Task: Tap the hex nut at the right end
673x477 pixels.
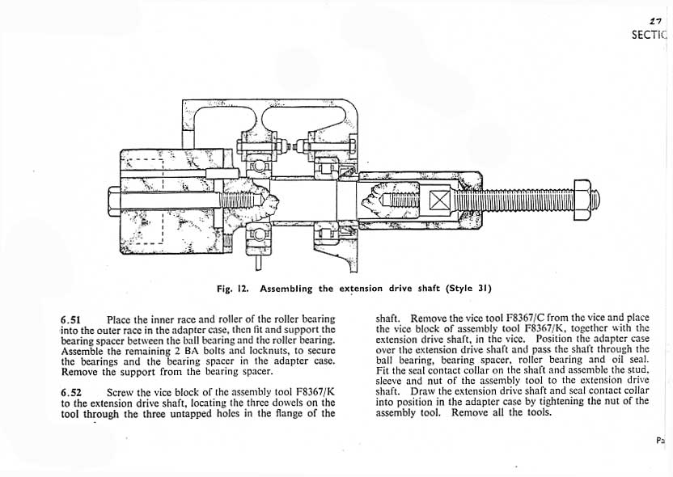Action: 583,199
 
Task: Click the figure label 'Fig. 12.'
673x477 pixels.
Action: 235,289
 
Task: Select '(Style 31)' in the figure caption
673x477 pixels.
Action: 469,289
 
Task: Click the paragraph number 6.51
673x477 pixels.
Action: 72,319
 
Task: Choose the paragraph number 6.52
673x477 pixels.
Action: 72,392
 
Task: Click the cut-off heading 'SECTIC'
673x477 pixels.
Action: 651,35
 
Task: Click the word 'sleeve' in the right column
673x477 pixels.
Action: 391,381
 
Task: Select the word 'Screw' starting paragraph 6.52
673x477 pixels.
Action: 121,392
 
